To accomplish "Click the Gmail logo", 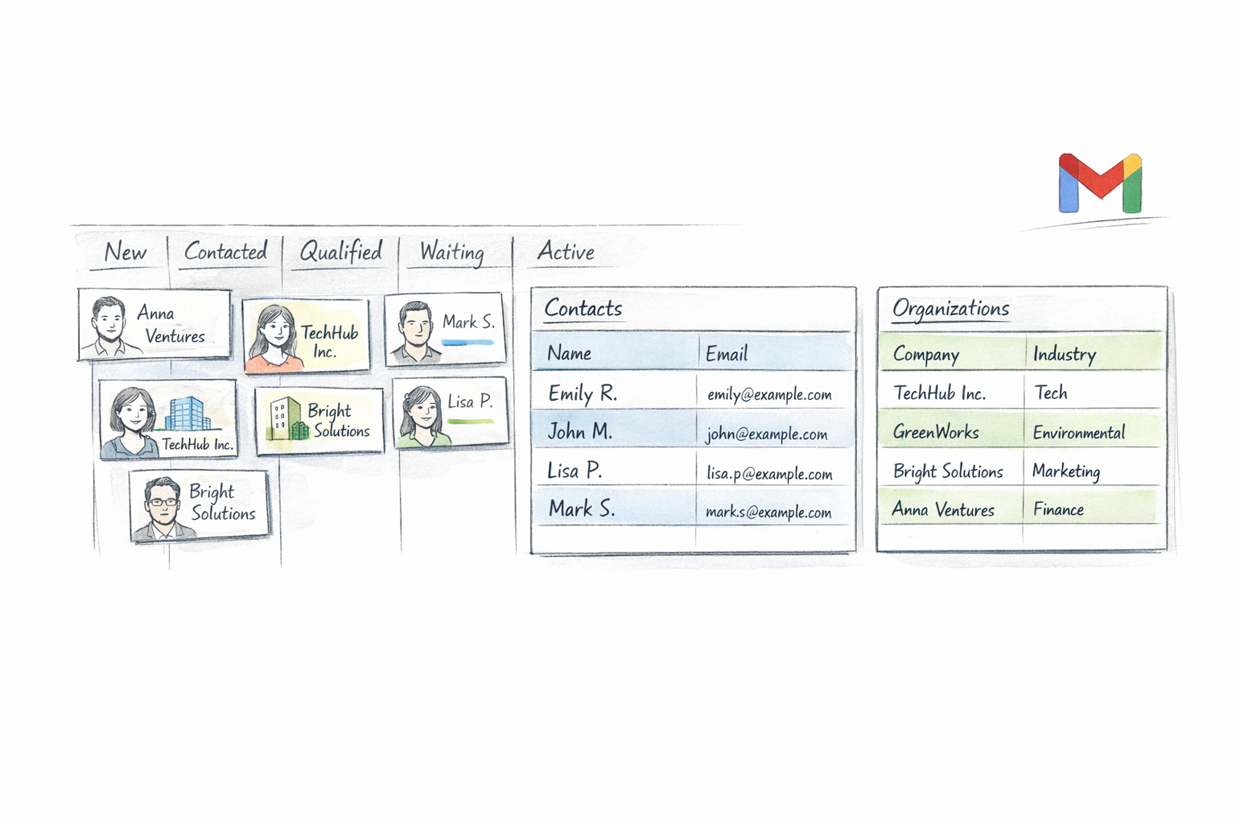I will click(x=1099, y=183).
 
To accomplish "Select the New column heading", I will click(x=126, y=252).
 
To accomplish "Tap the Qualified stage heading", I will click(x=340, y=252).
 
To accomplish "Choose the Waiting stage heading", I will click(x=451, y=253).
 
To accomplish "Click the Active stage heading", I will click(x=566, y=252).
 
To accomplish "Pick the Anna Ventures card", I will click(x=154, y=324).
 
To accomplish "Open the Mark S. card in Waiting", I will click(x=445, y=329).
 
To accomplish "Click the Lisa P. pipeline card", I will click(x=451, y=413).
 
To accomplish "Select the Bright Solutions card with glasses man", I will click(x=200, y=505).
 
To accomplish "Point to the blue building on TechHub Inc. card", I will click(x=187, y=414).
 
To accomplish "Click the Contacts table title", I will click(x=583, y=308).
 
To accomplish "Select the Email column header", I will click(x=727, y=353).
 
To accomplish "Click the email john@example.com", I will click(x=767, y=435).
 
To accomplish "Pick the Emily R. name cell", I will click(x=583, y=393).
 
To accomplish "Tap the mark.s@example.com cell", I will click(x=768, y=512).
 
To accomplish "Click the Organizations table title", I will click(x=950, y=308).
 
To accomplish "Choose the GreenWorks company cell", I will click(x=936, y=432).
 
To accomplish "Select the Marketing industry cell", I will click(x=1066, y=471).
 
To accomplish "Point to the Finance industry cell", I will click(x=1058, y=509).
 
